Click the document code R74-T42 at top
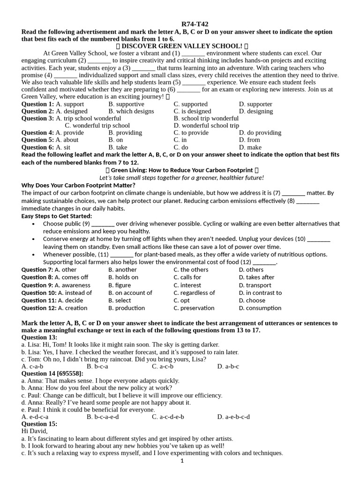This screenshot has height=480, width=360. pos(195,24)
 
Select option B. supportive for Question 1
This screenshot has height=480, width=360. pos(126,104)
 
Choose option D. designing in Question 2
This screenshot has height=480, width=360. pos(255,111)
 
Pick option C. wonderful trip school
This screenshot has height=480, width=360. pos(97,126)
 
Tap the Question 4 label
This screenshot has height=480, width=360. pos(37,133)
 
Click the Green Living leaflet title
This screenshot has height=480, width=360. pos(182,170)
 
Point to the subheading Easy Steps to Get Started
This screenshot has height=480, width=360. pos(57,216)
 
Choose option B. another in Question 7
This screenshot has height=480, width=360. pos(122,270)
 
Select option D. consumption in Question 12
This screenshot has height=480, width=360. pos(260,308)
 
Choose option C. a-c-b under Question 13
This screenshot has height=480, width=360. pos(163,366)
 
